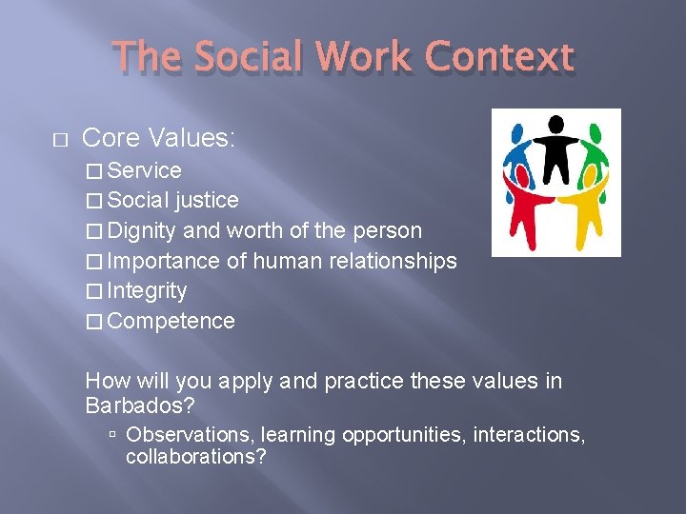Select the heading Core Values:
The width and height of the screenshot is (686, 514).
[159, 138]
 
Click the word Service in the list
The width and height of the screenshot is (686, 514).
[145, 170]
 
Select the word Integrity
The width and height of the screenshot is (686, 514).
[148, 290]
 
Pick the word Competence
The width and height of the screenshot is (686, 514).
[171, 321]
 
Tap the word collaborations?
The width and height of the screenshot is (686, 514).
[195, 457]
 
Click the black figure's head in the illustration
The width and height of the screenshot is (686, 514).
[555, 124]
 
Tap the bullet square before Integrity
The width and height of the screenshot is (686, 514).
[92, 291]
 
